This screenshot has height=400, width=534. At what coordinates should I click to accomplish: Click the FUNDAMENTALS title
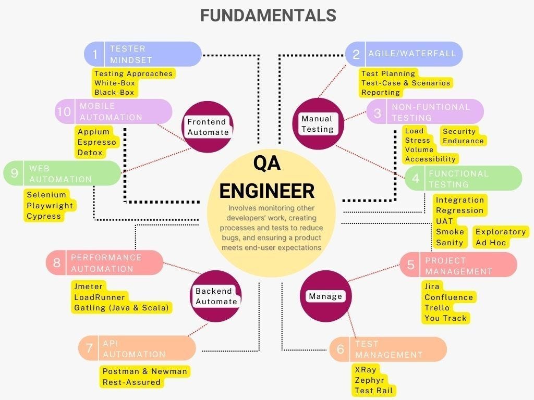(x=268, y=16)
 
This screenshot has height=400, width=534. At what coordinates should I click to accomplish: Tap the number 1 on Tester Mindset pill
(x=95, y=54)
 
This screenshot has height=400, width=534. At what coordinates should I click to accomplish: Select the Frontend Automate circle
(x=208, y=127)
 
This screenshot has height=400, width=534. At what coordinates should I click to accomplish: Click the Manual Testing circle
(x=318, y=124)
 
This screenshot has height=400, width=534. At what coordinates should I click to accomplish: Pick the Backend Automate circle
(x=215, y=296)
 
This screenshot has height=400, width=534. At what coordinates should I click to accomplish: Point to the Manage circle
(x=325, y=296)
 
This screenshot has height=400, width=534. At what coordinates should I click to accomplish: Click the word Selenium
(x=46, y=195)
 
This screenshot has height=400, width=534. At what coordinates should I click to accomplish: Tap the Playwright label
(x=50, y=205)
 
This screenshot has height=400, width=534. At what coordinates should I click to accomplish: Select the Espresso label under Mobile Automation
(x=96, y=142)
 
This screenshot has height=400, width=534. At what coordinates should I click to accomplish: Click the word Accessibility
(x=430, y=159)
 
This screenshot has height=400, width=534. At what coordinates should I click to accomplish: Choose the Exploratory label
(x=501, y=232)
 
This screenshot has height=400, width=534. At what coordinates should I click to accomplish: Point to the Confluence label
(x=448, y=297)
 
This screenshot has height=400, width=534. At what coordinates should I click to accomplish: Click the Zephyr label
(x=369, y=380)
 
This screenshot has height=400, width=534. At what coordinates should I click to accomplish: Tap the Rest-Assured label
(x=131, y=382)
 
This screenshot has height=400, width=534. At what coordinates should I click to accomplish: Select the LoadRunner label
(x=100, y=297)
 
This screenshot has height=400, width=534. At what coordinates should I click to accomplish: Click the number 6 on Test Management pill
(x=340, y=348)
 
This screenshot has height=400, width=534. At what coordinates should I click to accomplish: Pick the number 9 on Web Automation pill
(x=14, y=173)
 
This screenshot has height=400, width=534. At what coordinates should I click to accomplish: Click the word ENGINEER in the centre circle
(x=267, y=191)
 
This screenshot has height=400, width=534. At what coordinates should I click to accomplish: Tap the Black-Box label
(x=114, y=92)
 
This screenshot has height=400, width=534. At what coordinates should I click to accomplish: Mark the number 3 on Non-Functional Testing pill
(x=377, y=113)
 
